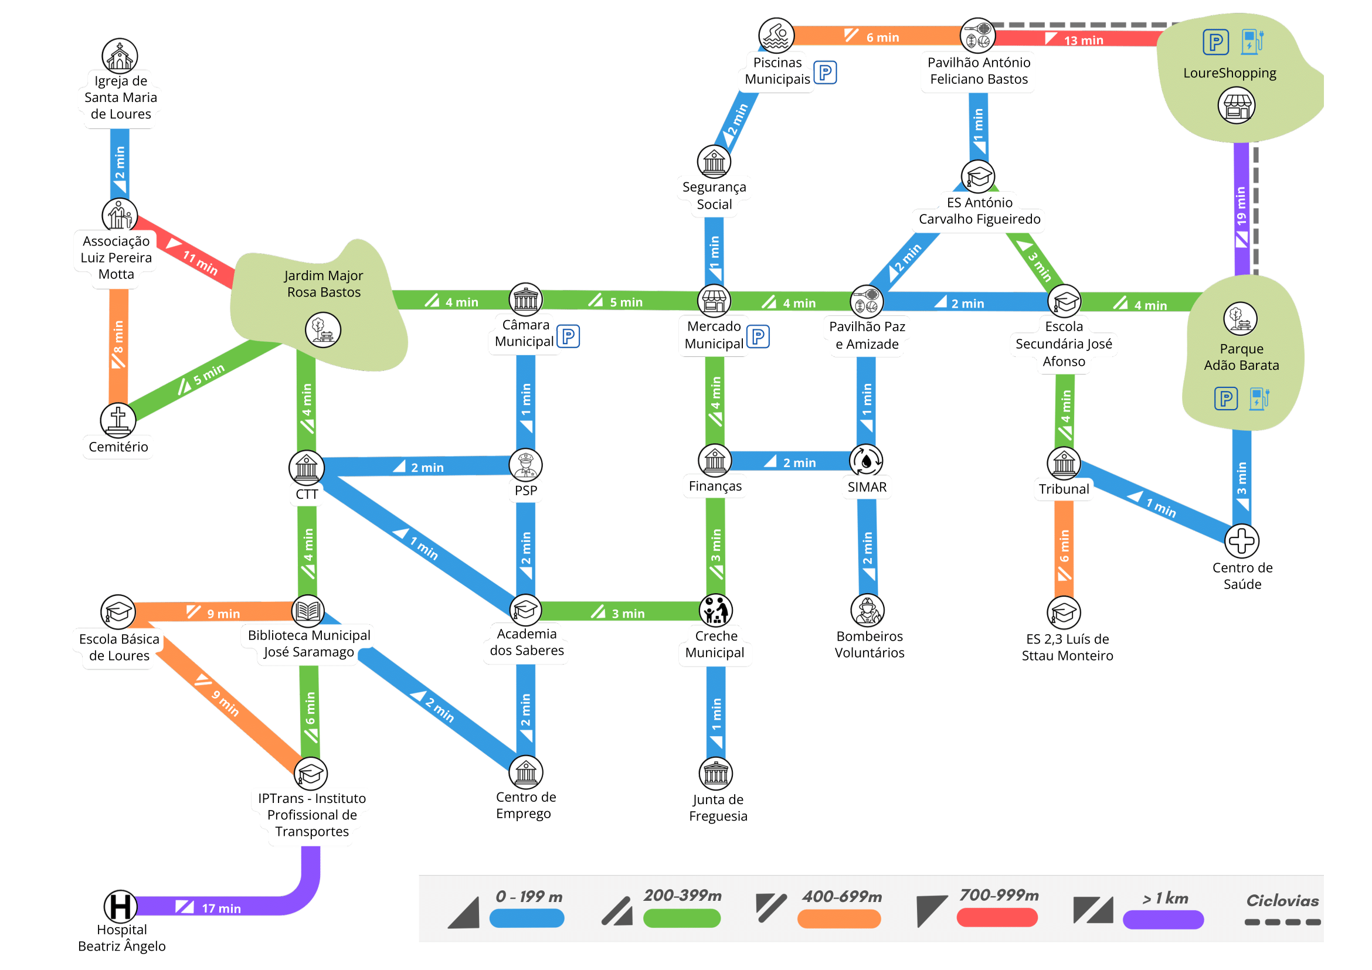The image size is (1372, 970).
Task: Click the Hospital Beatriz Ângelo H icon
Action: coord(120,907)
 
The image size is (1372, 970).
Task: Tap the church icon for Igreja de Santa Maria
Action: coord(120,56)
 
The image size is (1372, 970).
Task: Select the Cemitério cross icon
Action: coord(118,419)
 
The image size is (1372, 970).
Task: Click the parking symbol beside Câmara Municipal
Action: coord(568,336)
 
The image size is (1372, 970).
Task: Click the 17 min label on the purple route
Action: coord(221,908)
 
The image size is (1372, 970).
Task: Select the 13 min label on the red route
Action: coord(1084,40)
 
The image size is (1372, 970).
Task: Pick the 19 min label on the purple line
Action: coord(1241,207)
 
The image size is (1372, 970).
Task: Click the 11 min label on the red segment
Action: coord(200,263)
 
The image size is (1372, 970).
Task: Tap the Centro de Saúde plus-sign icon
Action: coord(1242,541)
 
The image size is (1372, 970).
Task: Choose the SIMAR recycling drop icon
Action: coord(867,461)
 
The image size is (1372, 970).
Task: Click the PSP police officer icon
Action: coord(526,465)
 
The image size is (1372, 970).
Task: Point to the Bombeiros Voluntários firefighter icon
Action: coord(867,611)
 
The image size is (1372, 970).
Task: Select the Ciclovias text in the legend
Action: coord(1282,901)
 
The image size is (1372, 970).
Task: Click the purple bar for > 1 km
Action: coord(1163,920)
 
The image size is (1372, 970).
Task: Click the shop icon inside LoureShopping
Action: coord(1237,106)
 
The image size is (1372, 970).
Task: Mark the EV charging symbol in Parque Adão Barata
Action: coord(1258,399)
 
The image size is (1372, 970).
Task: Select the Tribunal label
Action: coord(1064,489)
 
